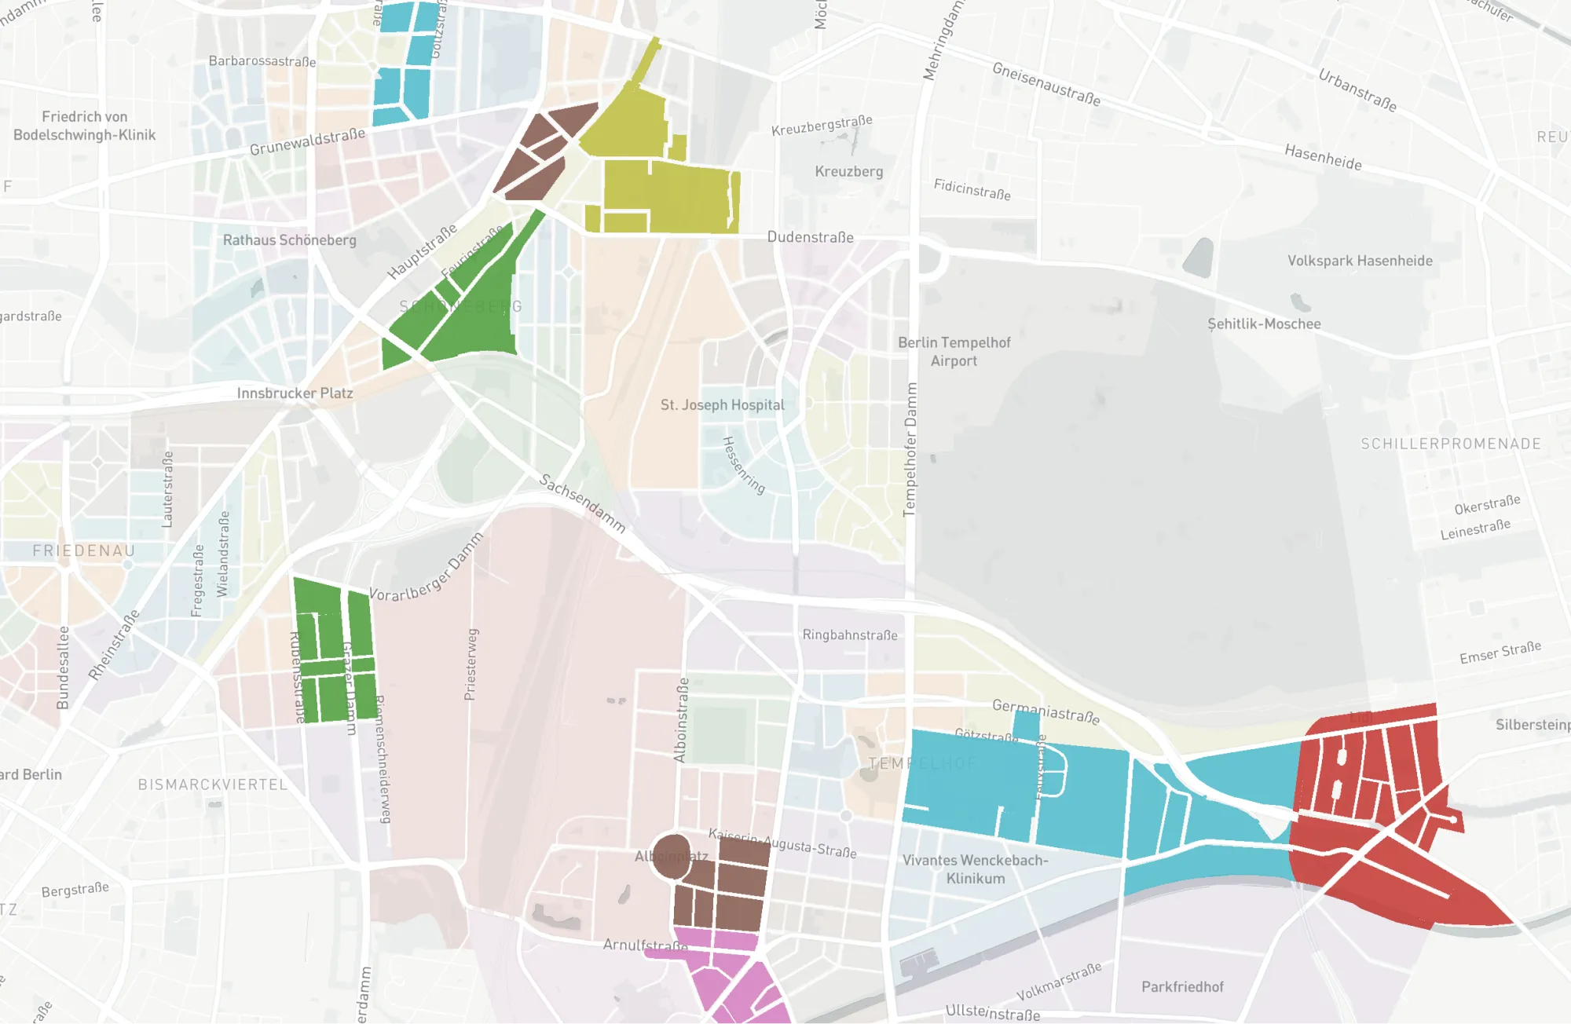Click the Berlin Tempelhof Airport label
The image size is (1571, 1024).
(x=954, y=352)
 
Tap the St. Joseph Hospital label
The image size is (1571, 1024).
(x=722, y=405)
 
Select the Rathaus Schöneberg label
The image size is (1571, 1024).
(x=289, y=240)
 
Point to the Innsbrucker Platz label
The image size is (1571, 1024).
(x=295, y=393)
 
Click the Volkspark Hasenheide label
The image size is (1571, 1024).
(x=1359, y=261)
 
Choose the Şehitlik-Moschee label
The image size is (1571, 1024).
(x=1263, y=324)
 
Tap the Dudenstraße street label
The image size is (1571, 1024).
(x=810, y=237)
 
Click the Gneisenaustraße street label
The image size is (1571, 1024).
(x=1046, y=84)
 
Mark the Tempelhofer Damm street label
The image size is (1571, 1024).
(x=910, y=449)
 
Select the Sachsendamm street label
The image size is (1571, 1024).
(x=582, y=503)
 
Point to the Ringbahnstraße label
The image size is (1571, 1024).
(x=849, y=635)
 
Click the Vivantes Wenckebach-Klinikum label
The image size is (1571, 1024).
(x=975, y=869)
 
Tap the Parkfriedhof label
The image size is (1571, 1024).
(x=1181, y=987)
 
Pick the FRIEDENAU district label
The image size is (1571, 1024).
(x=84, y=551)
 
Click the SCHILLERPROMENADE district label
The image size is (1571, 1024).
(x=1450, y=444)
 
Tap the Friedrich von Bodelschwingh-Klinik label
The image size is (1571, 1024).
(x=84, y=126)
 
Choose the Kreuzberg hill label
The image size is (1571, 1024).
(x=848, y=171)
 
